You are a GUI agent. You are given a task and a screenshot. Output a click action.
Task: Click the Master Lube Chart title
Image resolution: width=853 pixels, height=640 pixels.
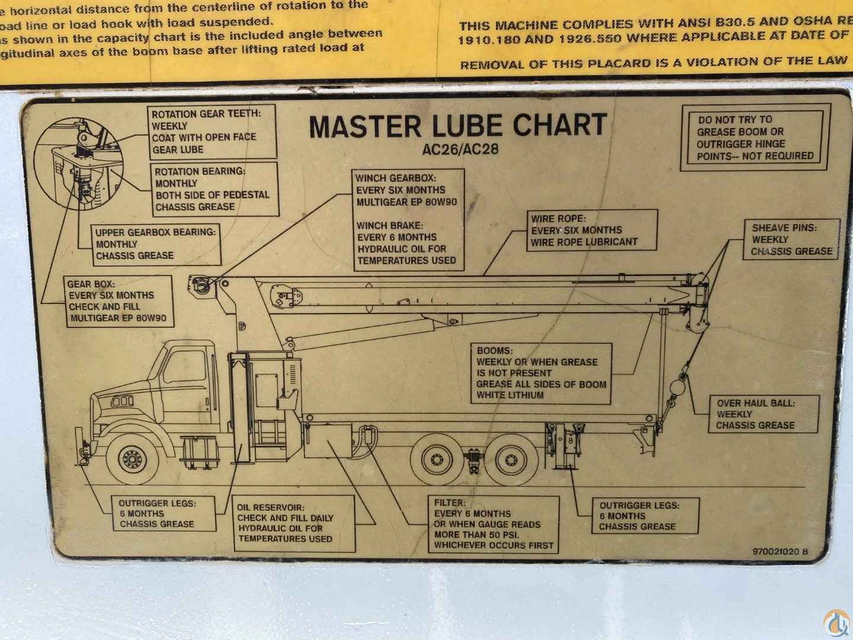458,126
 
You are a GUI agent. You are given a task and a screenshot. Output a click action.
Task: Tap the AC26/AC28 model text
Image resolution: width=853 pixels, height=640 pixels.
460,149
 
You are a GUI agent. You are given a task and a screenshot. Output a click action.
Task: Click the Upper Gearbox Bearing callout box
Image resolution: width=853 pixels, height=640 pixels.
156,244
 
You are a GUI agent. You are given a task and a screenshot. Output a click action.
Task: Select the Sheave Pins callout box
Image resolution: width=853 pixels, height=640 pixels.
791,239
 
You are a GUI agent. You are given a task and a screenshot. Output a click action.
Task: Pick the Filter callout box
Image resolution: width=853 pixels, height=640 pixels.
493,524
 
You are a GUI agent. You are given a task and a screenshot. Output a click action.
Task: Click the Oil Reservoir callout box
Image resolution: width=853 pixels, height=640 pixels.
293,523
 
